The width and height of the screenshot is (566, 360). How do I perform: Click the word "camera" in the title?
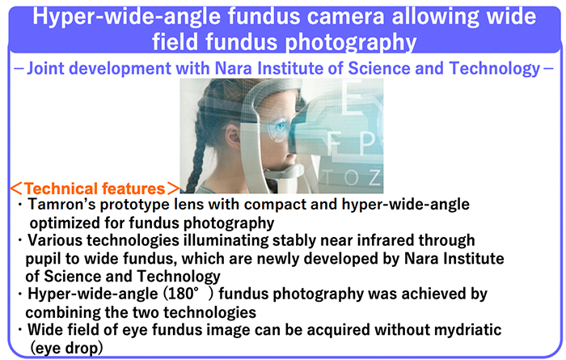pyautogui.click(x=341, y=17)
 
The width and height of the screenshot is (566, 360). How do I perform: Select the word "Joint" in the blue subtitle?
pyautogui.click(x=46, y=68)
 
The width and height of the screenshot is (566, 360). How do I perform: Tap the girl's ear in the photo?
pyautogui.click(x=233, y=135)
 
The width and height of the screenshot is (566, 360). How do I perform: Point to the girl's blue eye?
pyautogui.click(x=280, y=127)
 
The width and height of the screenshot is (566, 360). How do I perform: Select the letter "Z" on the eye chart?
pyautogui.click(x=374, y=177)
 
